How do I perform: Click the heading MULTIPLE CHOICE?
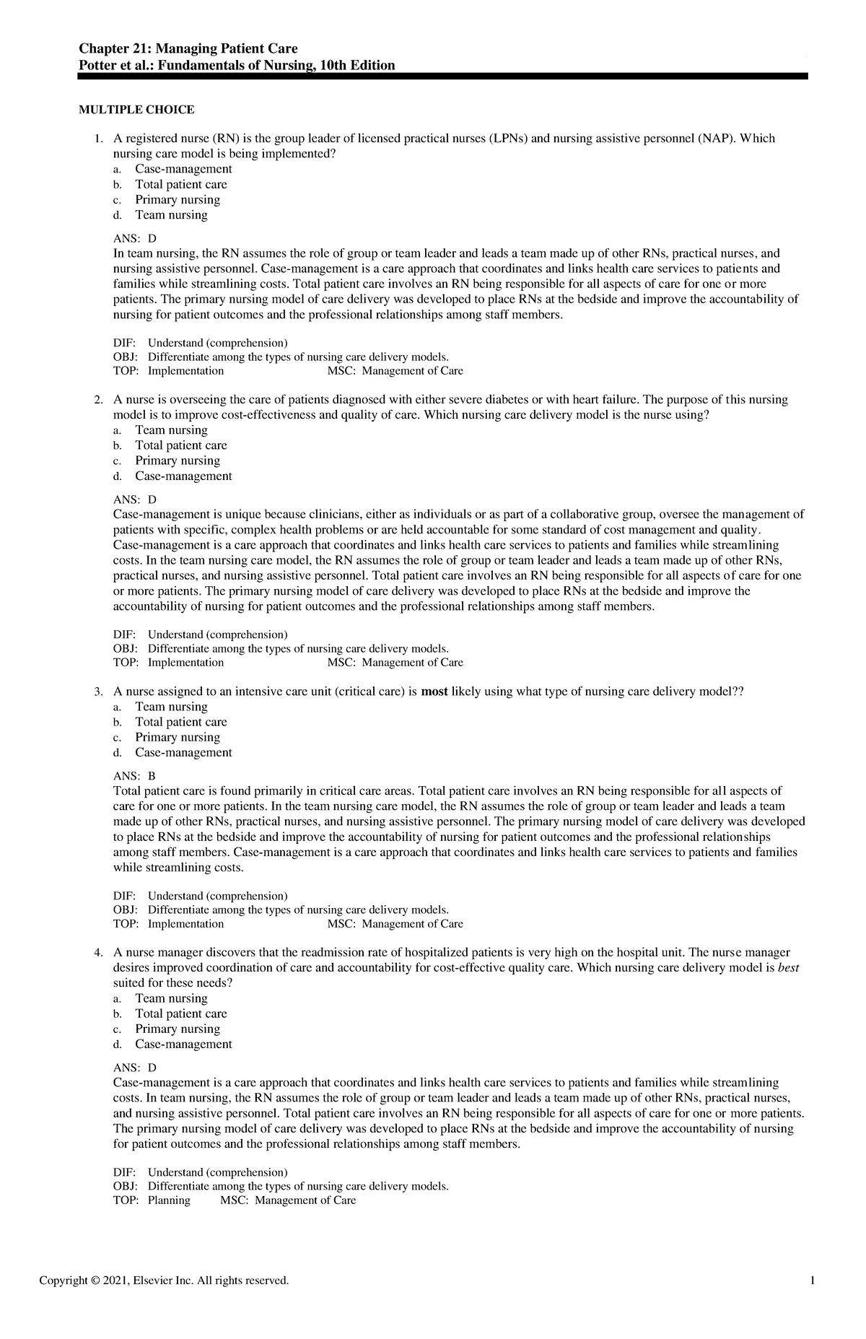tap(136, 110)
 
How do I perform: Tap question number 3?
tap(99, 692)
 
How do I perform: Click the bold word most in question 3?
tap(434, 692)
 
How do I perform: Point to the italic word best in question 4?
tap(788, 968)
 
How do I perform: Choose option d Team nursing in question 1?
tap(171, 215)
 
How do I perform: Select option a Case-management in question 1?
tap(183, 169)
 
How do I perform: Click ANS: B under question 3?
tap(134, 777)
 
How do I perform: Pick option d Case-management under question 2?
tap(183, 476)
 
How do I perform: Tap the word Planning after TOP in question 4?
tap(169, 1200)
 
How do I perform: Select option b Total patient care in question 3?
tap(180, 722)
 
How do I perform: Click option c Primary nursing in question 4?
tap(178, 1029)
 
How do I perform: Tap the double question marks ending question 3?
tap(738, 692)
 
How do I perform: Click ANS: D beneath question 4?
tap(134, 1068)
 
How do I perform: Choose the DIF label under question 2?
tap(124, 635)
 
